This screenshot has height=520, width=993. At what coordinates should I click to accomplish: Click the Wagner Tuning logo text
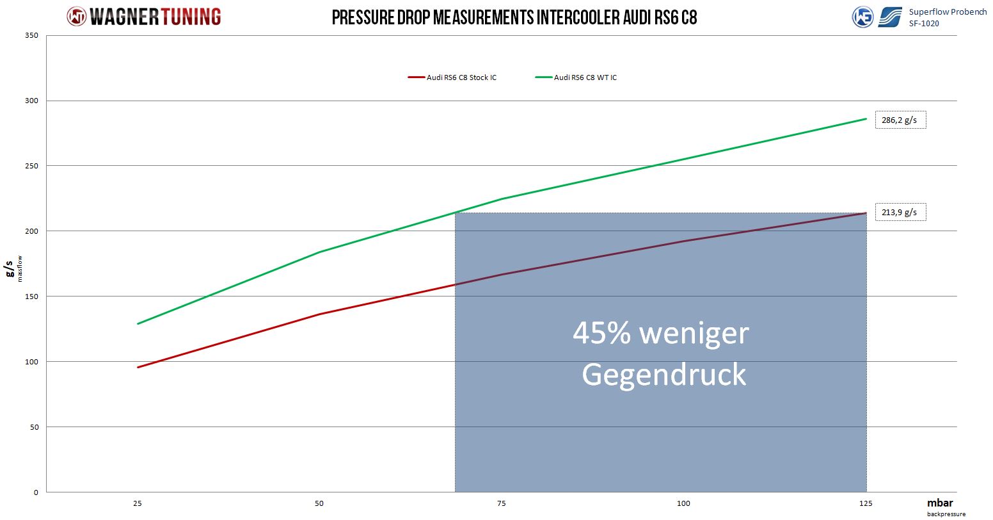[x=155, y=17]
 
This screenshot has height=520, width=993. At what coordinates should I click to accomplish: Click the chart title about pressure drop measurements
[x=514, y=17]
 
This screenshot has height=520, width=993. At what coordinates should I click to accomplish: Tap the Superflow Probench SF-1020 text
[x=947, y=17]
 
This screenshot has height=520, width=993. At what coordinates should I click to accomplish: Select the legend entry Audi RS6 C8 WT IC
[x=585, y=77]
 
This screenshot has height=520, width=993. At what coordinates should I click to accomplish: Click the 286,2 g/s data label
[x=900, y=120]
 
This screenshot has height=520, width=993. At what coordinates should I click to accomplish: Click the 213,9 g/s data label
[x=900, y=212]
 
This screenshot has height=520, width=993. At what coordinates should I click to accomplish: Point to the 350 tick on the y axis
[x=33, y=35]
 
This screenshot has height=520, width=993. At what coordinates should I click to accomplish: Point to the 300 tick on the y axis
[x=33, y=101]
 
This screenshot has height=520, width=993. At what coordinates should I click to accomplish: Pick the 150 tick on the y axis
[x=33, y=297]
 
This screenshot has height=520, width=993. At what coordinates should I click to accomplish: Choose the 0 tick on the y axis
[x=36, y=492]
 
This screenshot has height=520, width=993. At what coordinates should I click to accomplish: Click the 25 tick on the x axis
[x=138, y=503]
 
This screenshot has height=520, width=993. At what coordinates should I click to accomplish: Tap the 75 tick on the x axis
[x=502, y=503]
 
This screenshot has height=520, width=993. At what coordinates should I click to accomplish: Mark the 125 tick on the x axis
[x=866, y=503]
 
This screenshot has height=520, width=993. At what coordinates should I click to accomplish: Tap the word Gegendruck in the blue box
[x=663, y=374]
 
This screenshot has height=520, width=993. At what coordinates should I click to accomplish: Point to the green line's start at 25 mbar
[x=138, y=323]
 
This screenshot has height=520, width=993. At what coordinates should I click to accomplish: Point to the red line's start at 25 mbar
[x=138, y=367]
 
